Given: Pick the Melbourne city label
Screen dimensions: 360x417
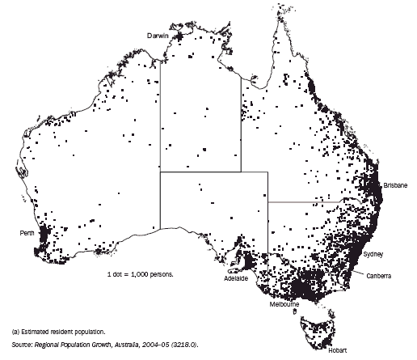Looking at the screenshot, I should pyautogui.click(x=284, y=303).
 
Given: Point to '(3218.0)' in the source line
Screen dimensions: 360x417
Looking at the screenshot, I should pyautogui.click(x=182, y=345).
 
